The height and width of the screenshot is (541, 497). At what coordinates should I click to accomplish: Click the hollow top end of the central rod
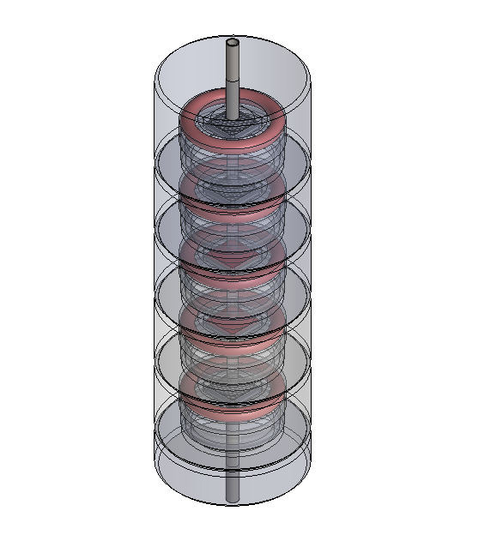pos(232,42)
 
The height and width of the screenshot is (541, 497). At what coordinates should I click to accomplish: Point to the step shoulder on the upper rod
pos(232,82)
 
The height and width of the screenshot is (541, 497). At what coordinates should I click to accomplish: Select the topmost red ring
pos(273,119)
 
